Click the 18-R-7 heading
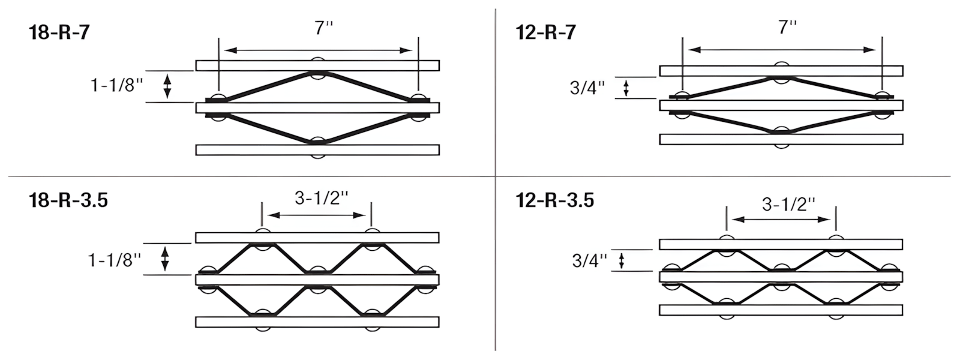[x=59, y=32]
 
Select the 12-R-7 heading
[x=546, y=32]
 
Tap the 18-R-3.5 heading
[x=68, y=200]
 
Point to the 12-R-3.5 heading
[x=555, y=199]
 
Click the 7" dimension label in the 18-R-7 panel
[x=323, y=28]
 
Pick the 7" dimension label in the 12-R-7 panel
[x=787, y=27]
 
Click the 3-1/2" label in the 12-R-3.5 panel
[x=788, y=204]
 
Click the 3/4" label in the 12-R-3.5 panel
[x=590, y=260]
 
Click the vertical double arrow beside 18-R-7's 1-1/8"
[x=168, y=86]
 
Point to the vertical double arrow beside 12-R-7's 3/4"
[x=626, y=88]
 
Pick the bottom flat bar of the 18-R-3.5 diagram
[x=317, y=322]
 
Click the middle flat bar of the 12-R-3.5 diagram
[x=781, y=277]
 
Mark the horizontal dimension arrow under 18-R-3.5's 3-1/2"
[x=317, y=215]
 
